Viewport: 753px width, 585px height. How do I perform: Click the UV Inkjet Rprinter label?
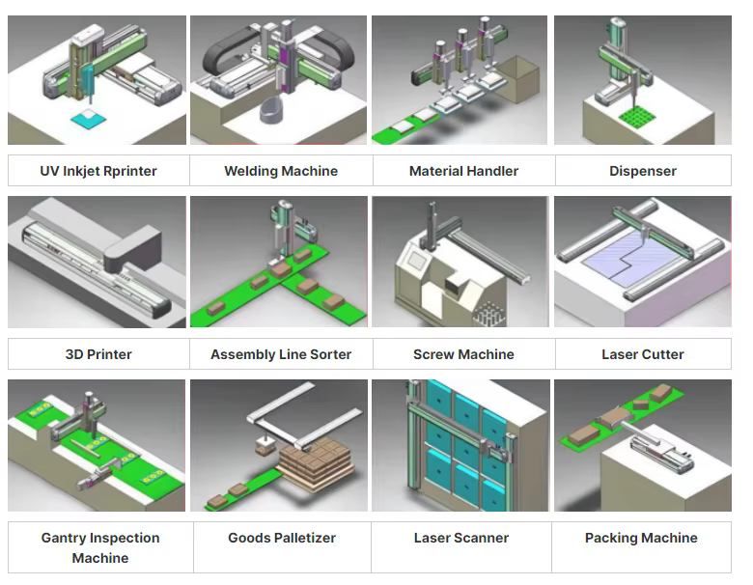click(98, 171)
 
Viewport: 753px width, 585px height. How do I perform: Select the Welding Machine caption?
click(281, 171)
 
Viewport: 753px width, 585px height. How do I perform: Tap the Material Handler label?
click(463, 171)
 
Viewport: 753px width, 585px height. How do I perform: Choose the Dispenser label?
click(643, 171)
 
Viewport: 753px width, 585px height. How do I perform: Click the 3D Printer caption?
click(98, 354)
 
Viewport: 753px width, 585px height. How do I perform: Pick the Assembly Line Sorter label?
click(281, 354)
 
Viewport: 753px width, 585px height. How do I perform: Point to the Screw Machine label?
click(463, 354)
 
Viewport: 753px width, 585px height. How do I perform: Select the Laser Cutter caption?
click(643, 354)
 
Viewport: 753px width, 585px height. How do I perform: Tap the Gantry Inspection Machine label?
click(100, 547)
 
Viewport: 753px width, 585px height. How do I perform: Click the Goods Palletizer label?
click(282, 538)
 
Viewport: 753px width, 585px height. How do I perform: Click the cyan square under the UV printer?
click(93, 120)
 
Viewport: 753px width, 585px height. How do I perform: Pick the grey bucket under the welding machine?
click(276, 110)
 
